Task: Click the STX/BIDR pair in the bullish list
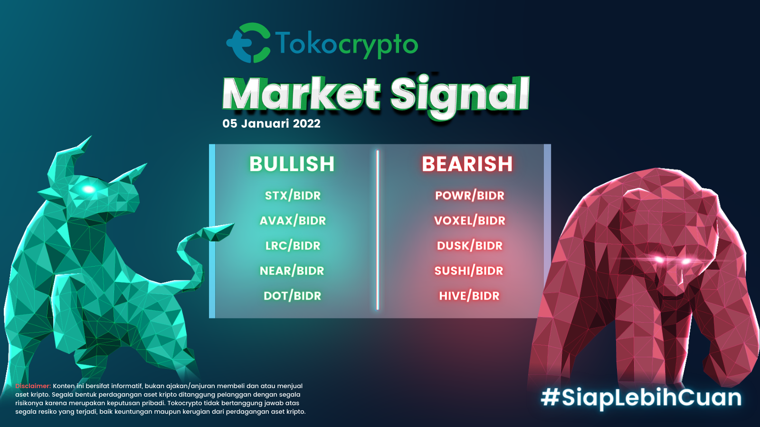pyautogui.click(x=293, y=195)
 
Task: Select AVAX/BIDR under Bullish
pyautogui.click(x=293, y=221)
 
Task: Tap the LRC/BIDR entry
pyautogui.click(x=293, y=246)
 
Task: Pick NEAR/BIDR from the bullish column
pyautogui.click(x=292, y=271)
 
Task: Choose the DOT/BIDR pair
pyautogui.click(x=292, y=296)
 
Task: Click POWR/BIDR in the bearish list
pyautogui.click(x=470, y=195)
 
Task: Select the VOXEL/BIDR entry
pyautogui.click(x=470, y=221)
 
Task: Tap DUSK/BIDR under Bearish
pyautogui.click(x=470, y=246)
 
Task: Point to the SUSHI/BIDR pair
pyautogui.click(x=469, y=271)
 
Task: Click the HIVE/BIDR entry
pyautogui.click(x=469, y=296)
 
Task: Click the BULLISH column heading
pyautogui.click(x=292, y=164)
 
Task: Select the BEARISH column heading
pyautogui.click(x=467, y=164)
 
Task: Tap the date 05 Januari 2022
pyautogui.click(x=271, y=123)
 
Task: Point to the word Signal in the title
pyautogui.click(x=460, y=95)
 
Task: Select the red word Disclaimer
pyautogui.click(x=33, y=386)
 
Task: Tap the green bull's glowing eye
pyautogui.click(x=88, y=189)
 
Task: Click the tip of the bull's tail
pyautogui.click(x=233, y=224)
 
